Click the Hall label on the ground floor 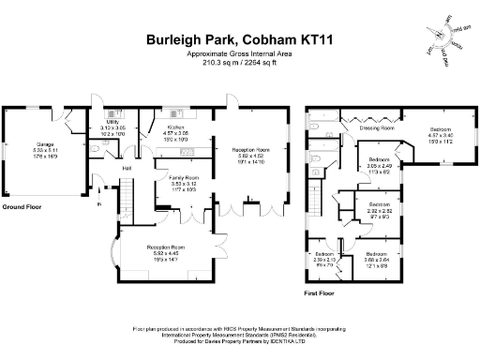[127, 168]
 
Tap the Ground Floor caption [21, 205]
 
